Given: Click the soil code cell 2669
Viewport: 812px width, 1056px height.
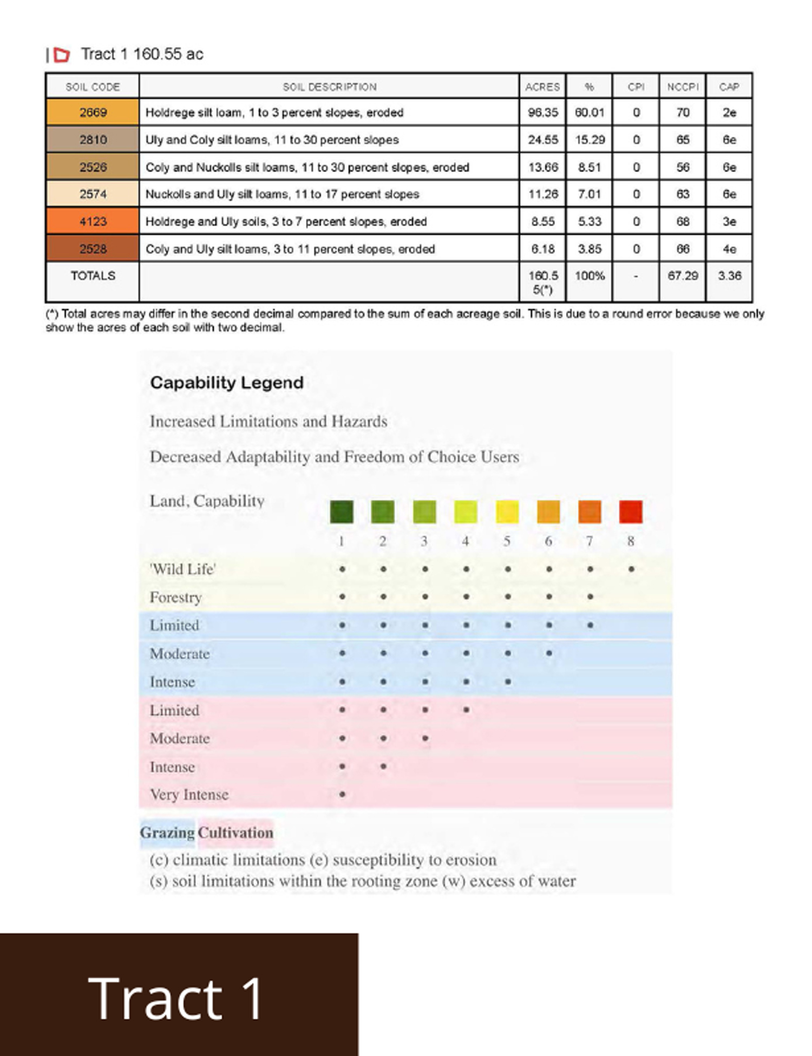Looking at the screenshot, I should click(x=93, y=113).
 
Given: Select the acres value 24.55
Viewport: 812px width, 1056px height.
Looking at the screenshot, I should click(x=542, y=140).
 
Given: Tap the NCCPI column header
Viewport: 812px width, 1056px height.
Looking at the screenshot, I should click(x=683, y=87).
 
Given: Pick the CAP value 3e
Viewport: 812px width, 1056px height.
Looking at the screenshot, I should click(x=729, y=221).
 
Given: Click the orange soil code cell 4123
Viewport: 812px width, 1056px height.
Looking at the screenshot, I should click(x=93, y=221).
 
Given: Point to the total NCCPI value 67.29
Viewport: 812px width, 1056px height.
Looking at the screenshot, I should click(x=683, y=276).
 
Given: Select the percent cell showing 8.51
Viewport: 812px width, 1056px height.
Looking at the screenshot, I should click(x=589, y=167).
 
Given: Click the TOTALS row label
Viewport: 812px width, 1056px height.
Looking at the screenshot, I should click(x=93, y=276).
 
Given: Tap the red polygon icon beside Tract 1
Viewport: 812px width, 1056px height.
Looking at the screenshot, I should click(x=62, y=55).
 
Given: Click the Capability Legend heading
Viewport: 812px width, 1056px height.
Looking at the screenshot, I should click(x=227, y=383).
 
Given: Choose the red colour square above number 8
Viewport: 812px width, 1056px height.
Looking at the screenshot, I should click(x=631, y=511).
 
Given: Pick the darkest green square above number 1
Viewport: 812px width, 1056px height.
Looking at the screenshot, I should click(x=342, y=511).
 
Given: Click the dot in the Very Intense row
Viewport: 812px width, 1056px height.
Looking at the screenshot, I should click(x=342, y=795).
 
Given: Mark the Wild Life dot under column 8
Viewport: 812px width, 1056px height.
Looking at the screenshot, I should click(x=631, y=569).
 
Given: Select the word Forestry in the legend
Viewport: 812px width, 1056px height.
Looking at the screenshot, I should click(x=175, y=598).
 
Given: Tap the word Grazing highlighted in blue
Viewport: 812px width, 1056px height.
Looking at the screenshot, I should click(x=167, y=832).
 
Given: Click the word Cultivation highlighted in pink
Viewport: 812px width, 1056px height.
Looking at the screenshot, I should click(x=235, y=832).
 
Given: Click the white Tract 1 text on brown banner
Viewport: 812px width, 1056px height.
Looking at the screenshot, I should click(x=175, y=998).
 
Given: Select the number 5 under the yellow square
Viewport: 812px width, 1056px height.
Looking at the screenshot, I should click(x=507, y=541).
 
